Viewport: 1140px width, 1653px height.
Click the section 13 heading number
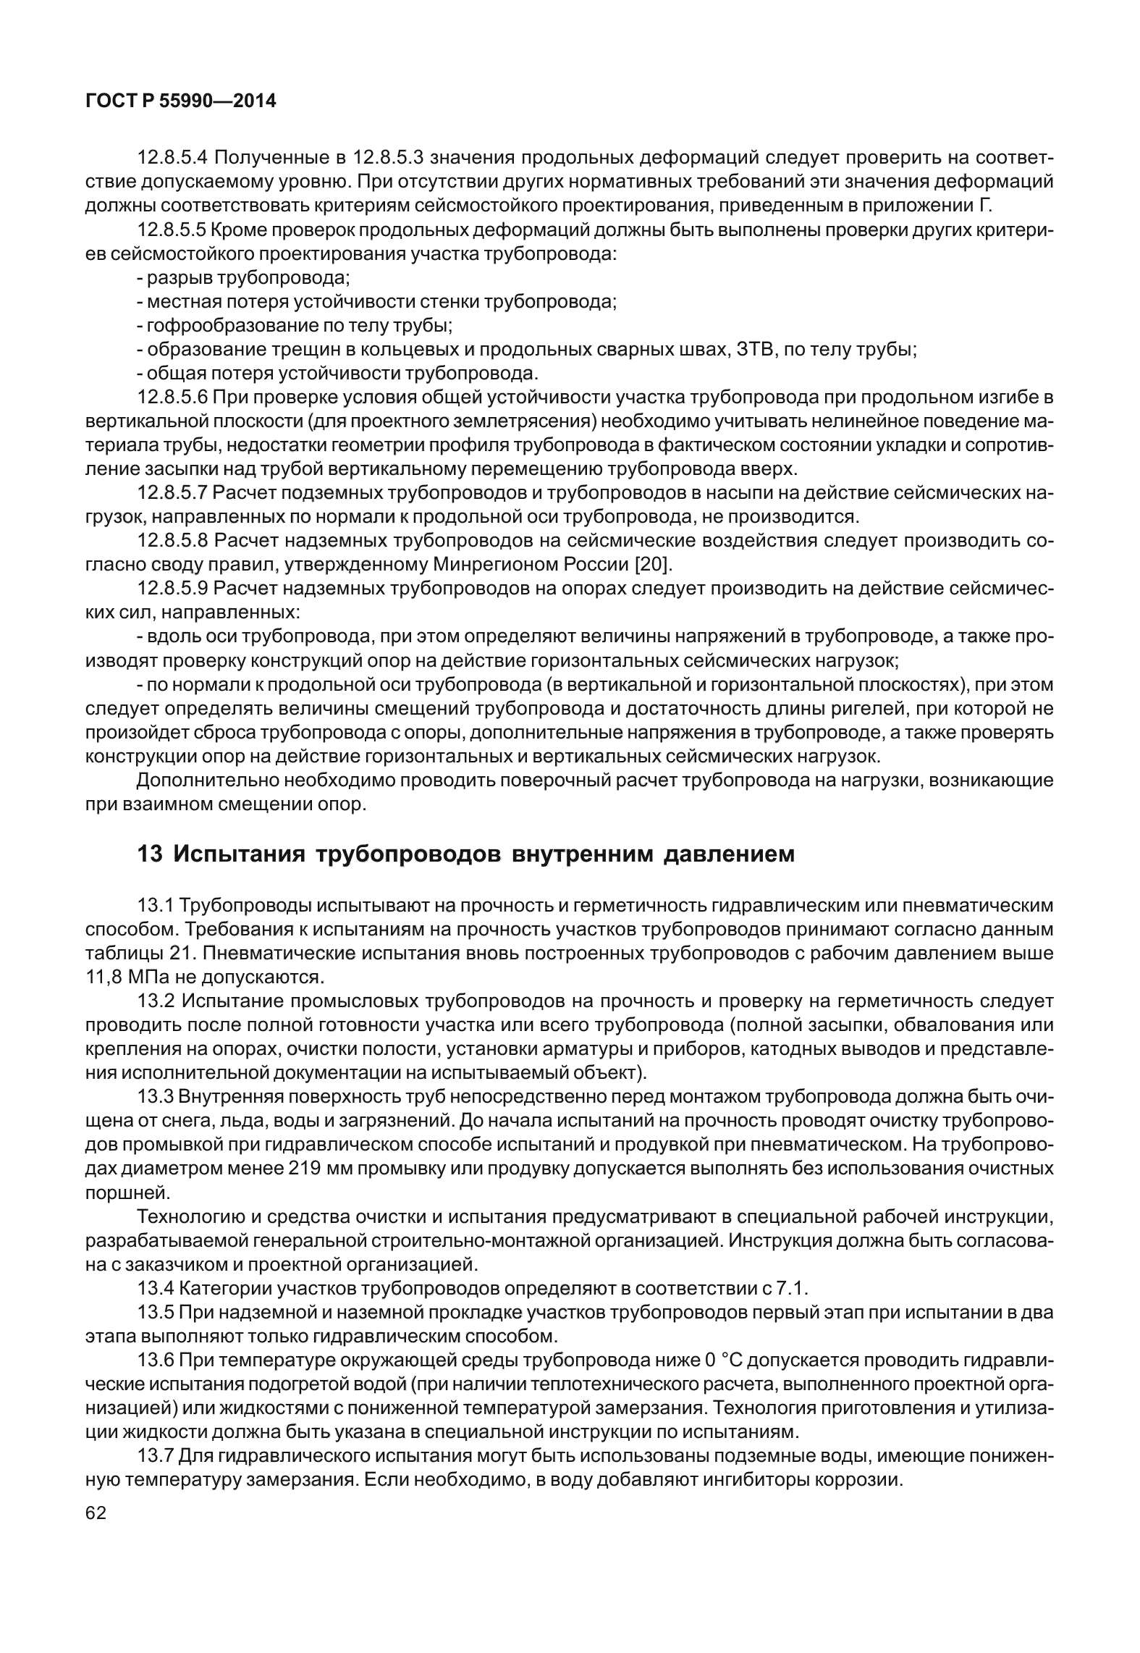coord(149,854)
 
